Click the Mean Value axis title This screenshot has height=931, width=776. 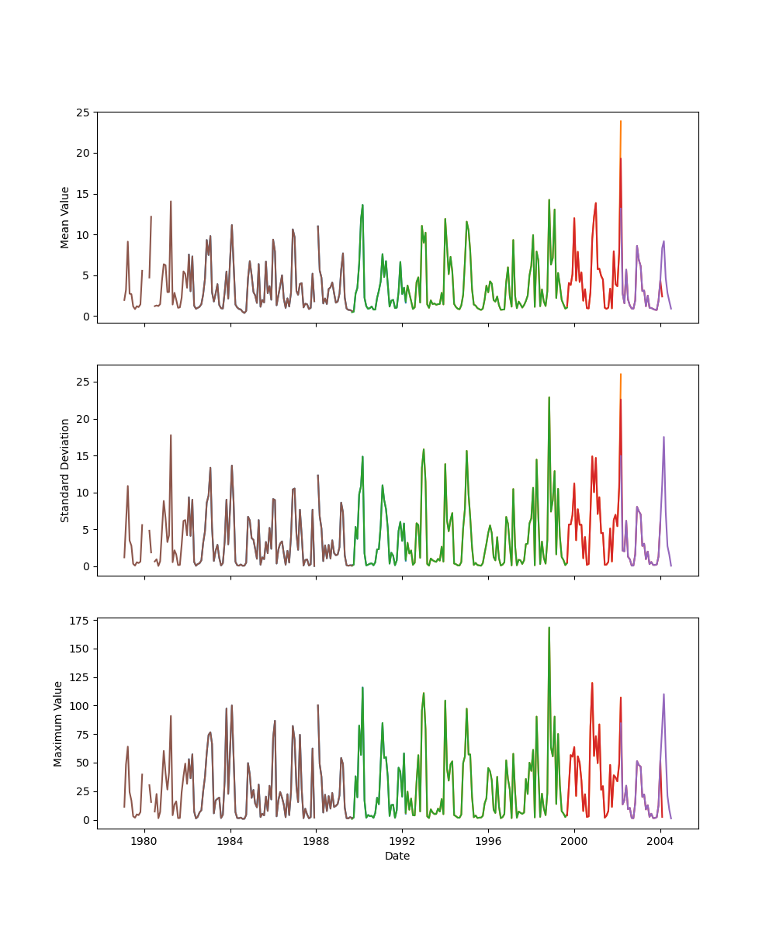pyautogui.click(x=65, y=217)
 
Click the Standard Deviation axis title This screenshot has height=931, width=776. pyautogui.click(x=65, y=470)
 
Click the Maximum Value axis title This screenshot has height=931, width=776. pyautogui.click(x=58, y=723)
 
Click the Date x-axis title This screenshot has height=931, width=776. pyautogui.click(x=397, y=856)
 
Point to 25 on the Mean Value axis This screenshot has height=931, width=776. pyautogui.click(x=81, y=112)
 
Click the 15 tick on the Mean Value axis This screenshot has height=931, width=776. pyautogui.click(x=81, y=194)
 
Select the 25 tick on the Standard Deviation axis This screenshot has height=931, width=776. pyautogui.click(x=81, y=382)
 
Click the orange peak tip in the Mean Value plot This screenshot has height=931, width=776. pyautogui.click(x=621, y=121)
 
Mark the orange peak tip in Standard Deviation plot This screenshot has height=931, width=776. pyautogui.click(x=621, y=374)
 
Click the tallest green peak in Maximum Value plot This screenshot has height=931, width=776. pyautogui.click(x=549, y=628)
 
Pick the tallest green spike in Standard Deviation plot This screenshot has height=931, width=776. pyautogui.click(x=549, y=397)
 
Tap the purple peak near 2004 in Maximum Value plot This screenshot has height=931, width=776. pyautogui.click(x=663, y=694)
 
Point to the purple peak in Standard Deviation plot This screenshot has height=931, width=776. pyautogui.click(x=663, y=437)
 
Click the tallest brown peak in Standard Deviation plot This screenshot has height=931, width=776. pyautogui.click(x=171, y=435)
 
